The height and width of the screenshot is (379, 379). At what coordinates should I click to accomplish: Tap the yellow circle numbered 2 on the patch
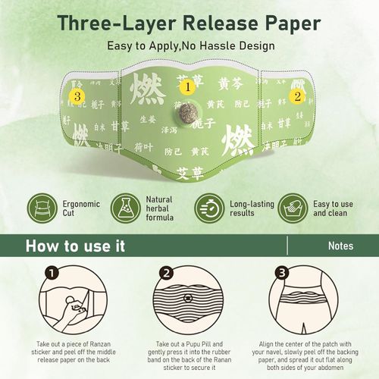[297, 96]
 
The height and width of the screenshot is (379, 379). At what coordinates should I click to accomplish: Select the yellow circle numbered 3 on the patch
[76, 96]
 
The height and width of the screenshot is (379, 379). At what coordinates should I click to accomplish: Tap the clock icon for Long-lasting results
[208, 206]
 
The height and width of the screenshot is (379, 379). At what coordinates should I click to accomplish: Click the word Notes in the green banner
[341, 246]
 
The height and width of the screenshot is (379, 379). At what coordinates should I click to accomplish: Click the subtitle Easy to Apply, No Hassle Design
[189, 45]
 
